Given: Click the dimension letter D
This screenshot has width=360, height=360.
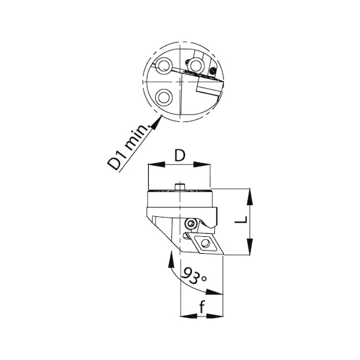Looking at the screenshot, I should click(x=179, y=154).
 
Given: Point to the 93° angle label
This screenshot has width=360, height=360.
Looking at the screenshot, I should click(x=196, y=274).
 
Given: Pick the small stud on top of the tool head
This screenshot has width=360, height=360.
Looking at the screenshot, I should click(x=180, y=185).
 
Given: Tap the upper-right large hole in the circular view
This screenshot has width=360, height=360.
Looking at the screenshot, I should click(x=196, y=64).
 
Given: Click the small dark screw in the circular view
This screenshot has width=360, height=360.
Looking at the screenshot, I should click(x=213, y=72).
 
